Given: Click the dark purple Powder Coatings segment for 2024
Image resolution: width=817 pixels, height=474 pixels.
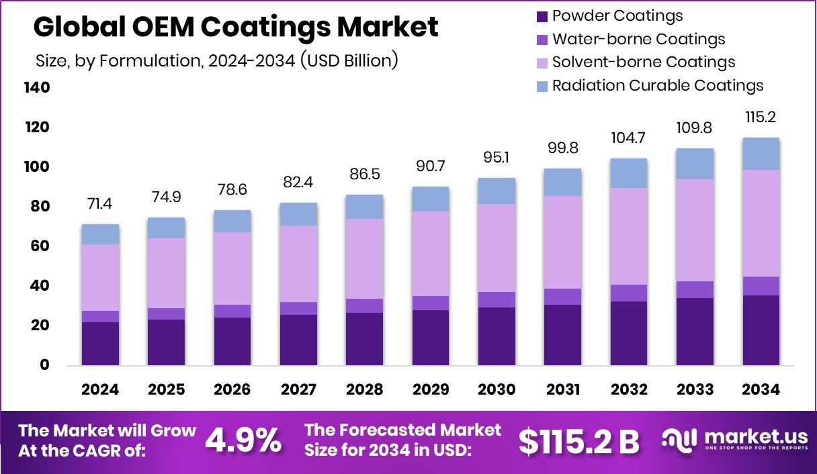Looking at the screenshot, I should (x=100, y=343).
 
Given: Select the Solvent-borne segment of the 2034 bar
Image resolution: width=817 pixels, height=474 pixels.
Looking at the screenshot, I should (x=761, y=223).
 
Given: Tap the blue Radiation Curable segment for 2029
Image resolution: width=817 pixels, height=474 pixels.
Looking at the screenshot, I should (x=430, y=199).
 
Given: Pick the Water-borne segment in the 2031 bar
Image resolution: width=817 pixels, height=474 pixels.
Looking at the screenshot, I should (x=562, y=297).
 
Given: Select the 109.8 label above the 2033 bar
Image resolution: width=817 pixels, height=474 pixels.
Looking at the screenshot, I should (x=695, y=128).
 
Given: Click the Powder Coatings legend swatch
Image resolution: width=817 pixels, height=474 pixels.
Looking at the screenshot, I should (x=541, y=15).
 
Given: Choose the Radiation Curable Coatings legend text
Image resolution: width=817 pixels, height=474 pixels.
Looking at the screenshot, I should (x=657, y=85).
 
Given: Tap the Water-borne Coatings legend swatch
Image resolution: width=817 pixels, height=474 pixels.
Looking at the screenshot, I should (x=541, y=39).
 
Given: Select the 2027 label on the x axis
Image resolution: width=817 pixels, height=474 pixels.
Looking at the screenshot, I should (x=298, y=389).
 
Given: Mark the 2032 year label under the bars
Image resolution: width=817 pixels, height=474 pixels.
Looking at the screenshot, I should (x=629, y=389).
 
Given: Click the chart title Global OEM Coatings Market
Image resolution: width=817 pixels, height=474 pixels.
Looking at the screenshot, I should (x=236, y=27).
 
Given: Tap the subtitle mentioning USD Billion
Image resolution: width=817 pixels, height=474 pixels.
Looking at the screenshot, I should (x=217, y=60).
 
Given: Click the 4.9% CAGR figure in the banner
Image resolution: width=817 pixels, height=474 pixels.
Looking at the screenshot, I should (x=243, y=440).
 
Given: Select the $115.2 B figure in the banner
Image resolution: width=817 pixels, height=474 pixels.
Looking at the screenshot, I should (x=579, y=440).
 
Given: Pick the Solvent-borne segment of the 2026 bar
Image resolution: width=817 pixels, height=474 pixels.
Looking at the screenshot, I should (x=232, y=269).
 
